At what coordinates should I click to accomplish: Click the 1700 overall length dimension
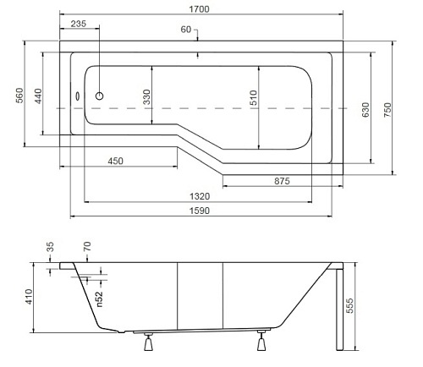pos(199,9)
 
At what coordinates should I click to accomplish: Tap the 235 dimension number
pos(79,24)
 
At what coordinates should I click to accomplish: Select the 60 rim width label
pos(186,30)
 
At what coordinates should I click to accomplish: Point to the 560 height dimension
pos(19,96)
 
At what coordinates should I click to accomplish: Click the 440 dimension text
pos(38,96)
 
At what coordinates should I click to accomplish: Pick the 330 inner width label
pos(146,97)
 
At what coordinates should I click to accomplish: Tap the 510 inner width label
pos(254,97)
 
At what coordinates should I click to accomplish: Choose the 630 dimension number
pos(365,110)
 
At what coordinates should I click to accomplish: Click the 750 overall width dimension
pos(387,110)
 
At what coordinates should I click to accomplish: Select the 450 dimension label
pos(116,161)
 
